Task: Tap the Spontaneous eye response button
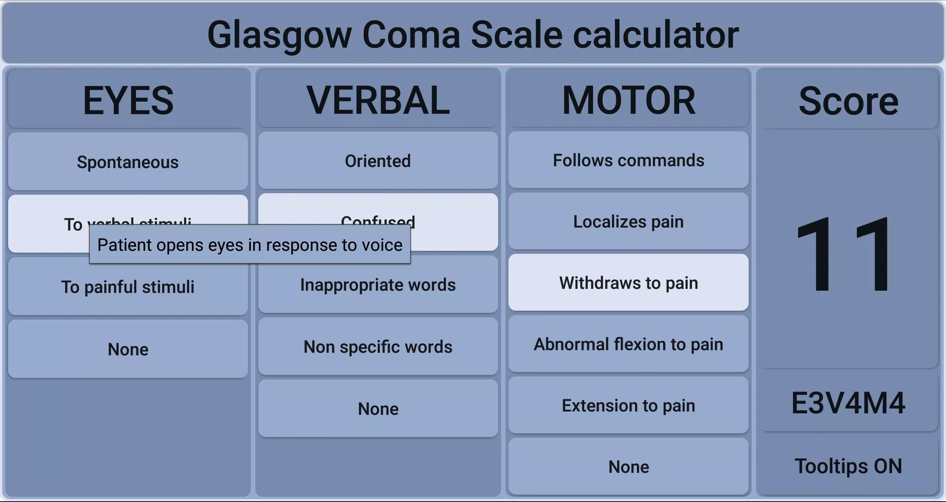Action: click(128, 162)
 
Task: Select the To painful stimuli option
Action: click(128, 287)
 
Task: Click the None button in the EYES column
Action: click(128, 349)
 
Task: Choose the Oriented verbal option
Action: click(378, 161)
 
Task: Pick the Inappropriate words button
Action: click(378, 285)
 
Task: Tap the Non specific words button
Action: click(378, 347)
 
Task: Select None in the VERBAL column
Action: click(378, 409)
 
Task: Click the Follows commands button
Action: click(628, 160)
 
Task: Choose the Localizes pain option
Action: click(628, 222)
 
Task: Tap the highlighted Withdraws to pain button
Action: click(628, 283)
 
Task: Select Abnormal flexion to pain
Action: click(628, 344)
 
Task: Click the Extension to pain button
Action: click(628, 405)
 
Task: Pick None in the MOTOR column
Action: click(628, 467)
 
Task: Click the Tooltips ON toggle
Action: click(848, 466)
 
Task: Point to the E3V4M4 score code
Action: click(848, 403)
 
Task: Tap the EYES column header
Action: click(128, 100)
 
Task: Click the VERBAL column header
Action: click(378, 100)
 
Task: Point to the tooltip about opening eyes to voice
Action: click(250, 245)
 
